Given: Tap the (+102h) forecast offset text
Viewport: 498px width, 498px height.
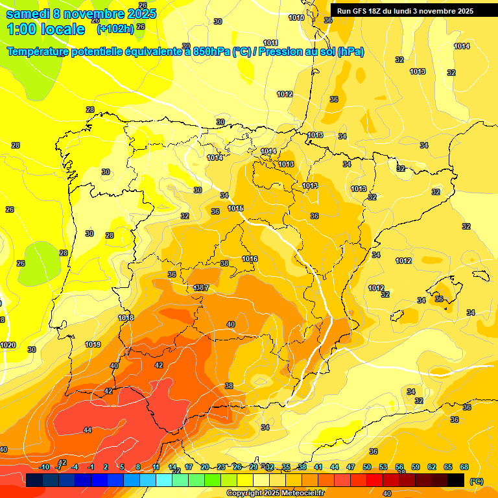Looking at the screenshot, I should coord(115,29).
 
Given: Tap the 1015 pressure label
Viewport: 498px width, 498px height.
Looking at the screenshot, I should coord(235,208).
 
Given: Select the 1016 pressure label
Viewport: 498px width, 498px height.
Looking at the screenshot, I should coord(250,259).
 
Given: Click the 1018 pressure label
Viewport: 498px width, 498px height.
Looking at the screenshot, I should coord(126,318).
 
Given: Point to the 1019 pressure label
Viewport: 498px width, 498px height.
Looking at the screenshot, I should coord(93,344).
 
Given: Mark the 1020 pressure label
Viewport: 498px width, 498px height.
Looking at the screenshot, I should coord(8,346).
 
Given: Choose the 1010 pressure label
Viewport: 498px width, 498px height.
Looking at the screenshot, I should coord(296,18).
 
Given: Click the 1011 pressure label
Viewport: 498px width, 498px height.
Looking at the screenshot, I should coord(271,43).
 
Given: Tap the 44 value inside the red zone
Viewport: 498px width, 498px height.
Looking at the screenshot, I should coord(88,430).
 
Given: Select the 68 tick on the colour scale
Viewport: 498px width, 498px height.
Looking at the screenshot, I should coord(464,467).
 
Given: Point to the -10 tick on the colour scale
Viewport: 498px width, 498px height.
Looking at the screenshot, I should coord(44,467).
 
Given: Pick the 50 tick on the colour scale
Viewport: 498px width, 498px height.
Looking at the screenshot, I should coord(366,467).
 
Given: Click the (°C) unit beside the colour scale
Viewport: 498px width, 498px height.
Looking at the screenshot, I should coord(476,481).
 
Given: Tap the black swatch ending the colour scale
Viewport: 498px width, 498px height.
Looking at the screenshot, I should coord(456,480).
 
